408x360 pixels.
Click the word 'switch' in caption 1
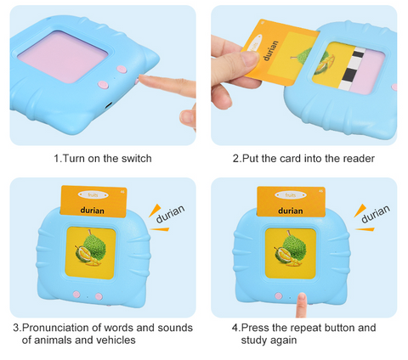(x=137, y=158)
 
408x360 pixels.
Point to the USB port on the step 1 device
(x=109, y=105)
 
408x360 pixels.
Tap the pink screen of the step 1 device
(x=62, y=57)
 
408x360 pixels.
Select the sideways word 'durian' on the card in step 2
(x=271, y=50)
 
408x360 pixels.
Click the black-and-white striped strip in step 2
(x=350, y=68)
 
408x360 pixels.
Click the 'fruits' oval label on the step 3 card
(x=93, y=194)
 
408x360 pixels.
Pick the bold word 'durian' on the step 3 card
(x=92, y=211)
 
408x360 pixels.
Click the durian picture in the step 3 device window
(x=90, y=249)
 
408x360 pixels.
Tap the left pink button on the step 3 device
(x=76, y=295)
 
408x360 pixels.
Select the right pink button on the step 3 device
(x=99, y=296)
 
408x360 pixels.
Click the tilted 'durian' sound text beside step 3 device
(x=170, y=214)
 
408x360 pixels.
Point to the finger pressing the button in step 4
(x=301, y=305)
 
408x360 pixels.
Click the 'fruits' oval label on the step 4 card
(x=291, y=195)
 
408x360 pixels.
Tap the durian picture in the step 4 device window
(x=290, y=250)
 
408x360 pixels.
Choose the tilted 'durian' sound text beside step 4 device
(x=376, y=214)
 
